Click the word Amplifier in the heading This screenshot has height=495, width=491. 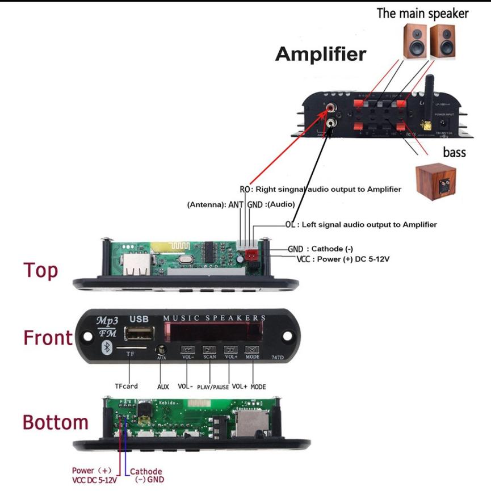point(321,54)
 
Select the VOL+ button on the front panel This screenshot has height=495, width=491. point(230,350)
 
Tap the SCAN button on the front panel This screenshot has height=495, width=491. point(209,350)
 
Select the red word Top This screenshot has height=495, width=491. point(40,270)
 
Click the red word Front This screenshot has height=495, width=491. point(48,338)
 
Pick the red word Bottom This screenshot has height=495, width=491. point(55,422)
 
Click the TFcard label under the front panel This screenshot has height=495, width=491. point(126,387)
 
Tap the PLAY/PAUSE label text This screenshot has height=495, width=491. point(213,387)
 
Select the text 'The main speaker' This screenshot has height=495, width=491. point(423,14)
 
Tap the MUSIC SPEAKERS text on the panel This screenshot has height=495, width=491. point(215,317)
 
